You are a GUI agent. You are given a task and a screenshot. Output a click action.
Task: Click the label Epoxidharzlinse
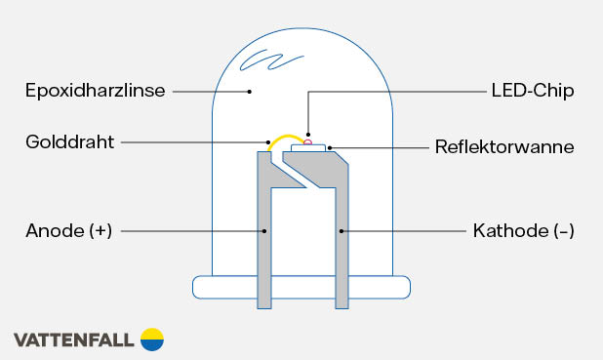97,91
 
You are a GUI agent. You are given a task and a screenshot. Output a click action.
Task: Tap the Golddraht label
69,142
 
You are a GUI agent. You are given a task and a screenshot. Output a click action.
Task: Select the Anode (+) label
68,231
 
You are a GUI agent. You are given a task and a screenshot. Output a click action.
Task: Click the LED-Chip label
532,91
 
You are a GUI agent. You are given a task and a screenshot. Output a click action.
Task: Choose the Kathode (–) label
523,231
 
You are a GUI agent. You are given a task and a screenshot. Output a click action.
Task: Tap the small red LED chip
308,143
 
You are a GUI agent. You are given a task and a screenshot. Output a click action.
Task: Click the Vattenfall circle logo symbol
152,340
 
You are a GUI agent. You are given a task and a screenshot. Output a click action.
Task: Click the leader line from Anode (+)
190,231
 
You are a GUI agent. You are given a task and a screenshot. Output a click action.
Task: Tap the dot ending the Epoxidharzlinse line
250,91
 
